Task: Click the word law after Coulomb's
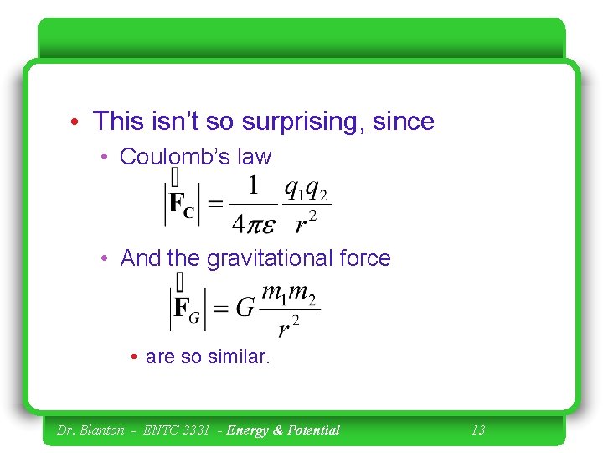255,157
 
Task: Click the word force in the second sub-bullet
363,258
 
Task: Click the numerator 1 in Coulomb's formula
253,185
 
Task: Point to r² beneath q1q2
307,222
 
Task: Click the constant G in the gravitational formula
245,307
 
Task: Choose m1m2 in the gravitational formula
289,294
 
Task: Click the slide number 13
477,430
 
